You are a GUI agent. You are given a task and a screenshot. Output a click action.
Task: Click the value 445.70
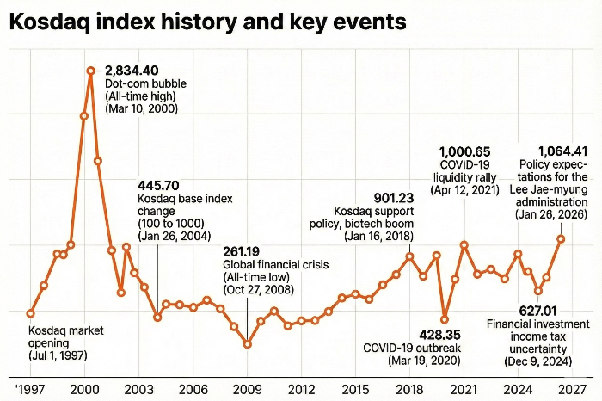coord(158,185)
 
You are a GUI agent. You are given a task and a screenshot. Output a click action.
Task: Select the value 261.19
coord(242,251)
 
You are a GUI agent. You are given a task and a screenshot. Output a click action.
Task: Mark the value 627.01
coord(538,310)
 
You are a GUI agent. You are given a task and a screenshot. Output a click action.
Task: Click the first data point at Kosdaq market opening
coord(31,313)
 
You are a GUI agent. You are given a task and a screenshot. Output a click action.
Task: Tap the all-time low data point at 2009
coord(248,344)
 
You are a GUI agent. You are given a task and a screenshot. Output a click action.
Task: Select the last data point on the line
coord(561,238)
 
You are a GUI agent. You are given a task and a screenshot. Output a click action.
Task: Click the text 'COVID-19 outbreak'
coord(412,348)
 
